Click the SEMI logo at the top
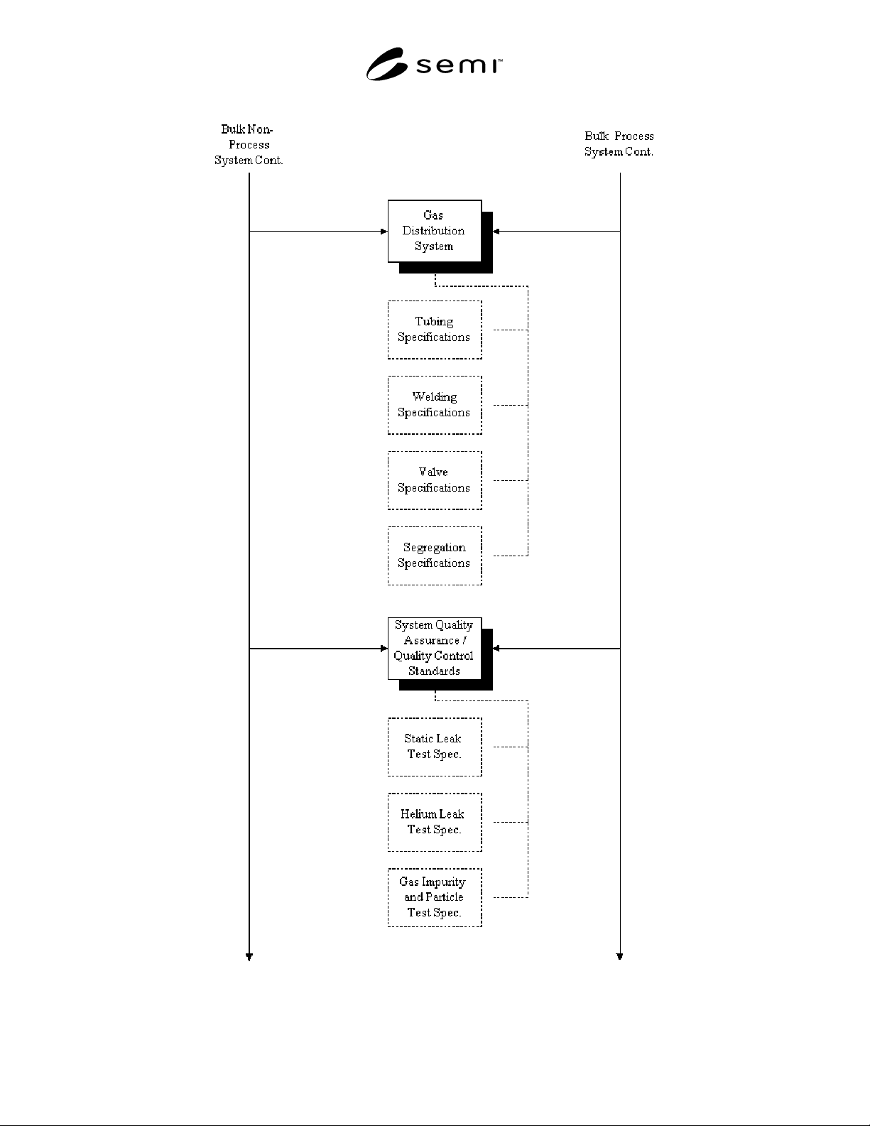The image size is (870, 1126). click(434, 64)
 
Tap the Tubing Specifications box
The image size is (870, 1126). click(435, 330)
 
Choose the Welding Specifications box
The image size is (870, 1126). click(435, 405)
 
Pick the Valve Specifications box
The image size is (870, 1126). click(435, 480)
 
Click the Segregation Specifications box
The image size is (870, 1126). click(435, 556)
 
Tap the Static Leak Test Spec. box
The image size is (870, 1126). click(435, 747)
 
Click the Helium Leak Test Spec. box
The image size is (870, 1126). click(435, 823)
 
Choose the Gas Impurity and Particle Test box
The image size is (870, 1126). click(435, 897)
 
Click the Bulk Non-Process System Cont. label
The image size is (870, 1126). click(249, 145)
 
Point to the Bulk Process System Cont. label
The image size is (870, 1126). click(619, 144)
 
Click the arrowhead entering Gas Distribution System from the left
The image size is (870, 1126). click(384, 231)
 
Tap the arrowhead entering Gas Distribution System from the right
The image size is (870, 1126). click(496, 231)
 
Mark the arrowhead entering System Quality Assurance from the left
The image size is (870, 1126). click(384, 648)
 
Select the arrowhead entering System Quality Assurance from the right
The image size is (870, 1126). click(496, 648)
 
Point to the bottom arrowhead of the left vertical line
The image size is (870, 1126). click(249, 956)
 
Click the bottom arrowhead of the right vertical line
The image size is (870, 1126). click(620, 956)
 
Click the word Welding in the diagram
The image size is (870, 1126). click(435, 397)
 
